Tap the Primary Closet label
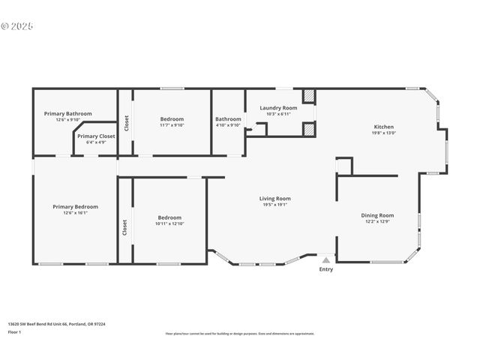96,136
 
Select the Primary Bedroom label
75,206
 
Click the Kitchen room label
383,127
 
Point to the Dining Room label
378,215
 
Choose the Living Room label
276,199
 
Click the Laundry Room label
278,108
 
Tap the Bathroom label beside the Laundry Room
228,118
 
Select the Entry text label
326,269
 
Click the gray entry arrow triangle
326,259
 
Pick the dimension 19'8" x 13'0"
383,133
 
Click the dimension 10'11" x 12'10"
169,223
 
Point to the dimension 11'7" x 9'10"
172,125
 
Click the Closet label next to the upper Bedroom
127,121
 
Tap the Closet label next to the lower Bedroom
124,226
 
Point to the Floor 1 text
15,331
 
